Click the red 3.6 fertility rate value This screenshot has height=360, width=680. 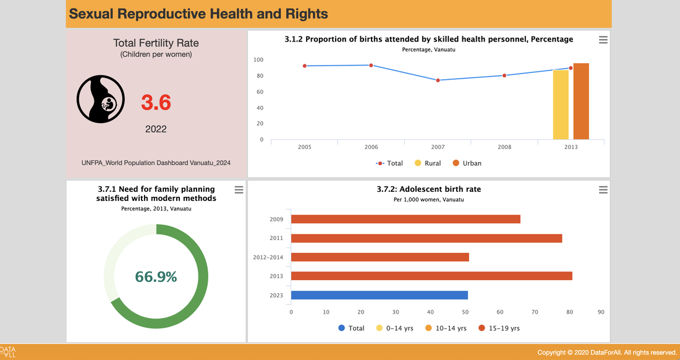pos(156,103)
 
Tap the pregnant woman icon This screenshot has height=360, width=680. pos(101,100)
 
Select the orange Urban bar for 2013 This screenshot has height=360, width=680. pos(581,101)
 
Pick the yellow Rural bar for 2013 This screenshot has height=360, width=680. pos(561,105)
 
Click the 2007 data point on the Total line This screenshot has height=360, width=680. pos(438,80)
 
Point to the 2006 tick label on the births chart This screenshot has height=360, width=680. pos(371,147)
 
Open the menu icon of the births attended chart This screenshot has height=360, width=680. pos(603,40)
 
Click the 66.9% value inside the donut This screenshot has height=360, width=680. pos(156,276)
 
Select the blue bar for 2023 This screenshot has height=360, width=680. pos(380,295)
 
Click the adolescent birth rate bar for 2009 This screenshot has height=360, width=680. pos(406,219)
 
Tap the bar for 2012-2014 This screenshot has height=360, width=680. pos(380,257)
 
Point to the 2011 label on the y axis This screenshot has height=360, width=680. pos(276,238)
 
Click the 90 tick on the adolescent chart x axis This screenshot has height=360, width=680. pos(601,312)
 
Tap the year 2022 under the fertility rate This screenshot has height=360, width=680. pos(156,129)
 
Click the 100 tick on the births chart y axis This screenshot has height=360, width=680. pos(258,60)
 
